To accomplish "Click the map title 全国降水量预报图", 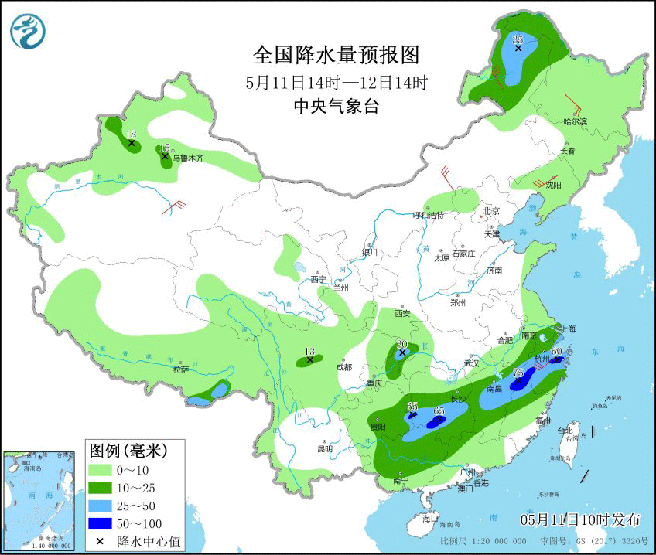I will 336,55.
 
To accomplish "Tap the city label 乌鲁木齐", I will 188,158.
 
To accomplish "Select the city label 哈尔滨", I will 576,121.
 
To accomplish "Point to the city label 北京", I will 491,210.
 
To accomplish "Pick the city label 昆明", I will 324,448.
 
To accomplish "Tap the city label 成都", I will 343,367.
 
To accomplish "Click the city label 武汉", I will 471,363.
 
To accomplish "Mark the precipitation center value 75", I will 519,373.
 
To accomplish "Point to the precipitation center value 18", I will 131,134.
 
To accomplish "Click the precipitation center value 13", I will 310,350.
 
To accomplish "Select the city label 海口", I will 430,518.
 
